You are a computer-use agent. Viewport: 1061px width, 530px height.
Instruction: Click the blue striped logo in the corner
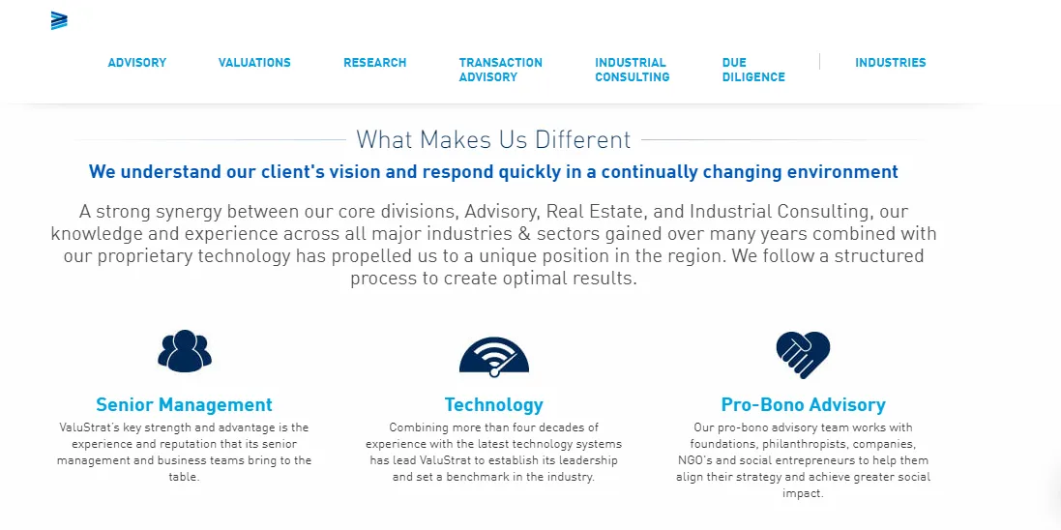pos(59,21)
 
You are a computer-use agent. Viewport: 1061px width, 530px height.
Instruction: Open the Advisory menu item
pos(136,63)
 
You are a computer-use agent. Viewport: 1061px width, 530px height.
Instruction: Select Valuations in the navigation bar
pos(254,63)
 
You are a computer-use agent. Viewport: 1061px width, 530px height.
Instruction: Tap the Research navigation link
pos(375,63)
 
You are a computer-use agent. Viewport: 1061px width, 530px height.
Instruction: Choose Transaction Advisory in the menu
pos(501,70)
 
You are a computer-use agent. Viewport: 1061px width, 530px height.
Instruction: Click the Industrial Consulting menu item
pos(632,70)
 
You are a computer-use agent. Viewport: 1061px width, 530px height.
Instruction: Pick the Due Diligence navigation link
pos(753,70)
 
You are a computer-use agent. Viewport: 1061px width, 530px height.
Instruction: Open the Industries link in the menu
pos(891,63)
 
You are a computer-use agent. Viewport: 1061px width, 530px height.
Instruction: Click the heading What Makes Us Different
pos(493,140)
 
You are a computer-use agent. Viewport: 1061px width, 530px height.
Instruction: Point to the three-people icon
pos(185,351)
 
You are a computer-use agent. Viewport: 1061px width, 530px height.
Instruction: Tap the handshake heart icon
pos(803,354)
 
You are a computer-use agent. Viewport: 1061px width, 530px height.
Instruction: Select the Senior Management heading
pos(184,405)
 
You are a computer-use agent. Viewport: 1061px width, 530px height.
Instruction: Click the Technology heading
pos(494,405)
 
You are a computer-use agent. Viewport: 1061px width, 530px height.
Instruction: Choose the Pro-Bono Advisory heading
pos(803,405)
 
